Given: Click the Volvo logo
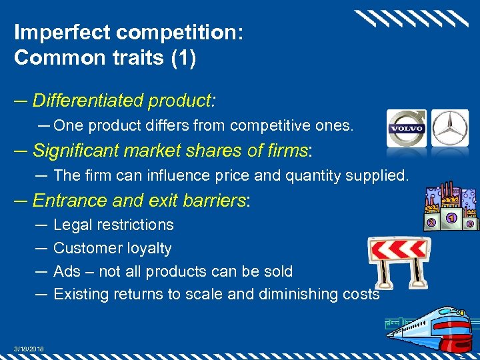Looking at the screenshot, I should [x=407, y=127].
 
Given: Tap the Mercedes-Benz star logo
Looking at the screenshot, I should [x=450, y=127].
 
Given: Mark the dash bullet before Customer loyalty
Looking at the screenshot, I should [x=40, y=248].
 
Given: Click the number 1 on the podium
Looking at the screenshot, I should [x=451, y=217].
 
